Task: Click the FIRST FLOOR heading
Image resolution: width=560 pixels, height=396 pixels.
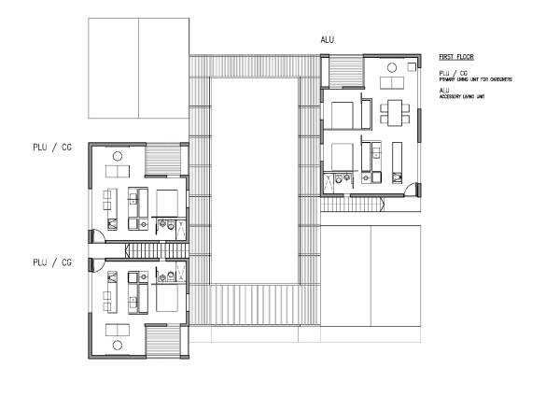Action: click(x=455, y=57)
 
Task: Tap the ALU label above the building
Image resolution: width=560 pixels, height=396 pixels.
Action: click(x=327, y=39)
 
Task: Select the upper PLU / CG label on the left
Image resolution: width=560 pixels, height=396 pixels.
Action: click(x=52, y=148)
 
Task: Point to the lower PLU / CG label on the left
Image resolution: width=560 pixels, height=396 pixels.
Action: click(x=52, y=262)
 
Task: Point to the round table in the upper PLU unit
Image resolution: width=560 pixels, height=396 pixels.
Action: click(x=118, y=156)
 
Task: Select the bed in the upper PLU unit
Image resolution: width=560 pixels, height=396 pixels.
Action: click(x=169, y=201)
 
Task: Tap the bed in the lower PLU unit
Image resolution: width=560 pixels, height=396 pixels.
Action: click(x=169, y=298)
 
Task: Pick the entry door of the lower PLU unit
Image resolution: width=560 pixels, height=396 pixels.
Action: click(x=95, y=265)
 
